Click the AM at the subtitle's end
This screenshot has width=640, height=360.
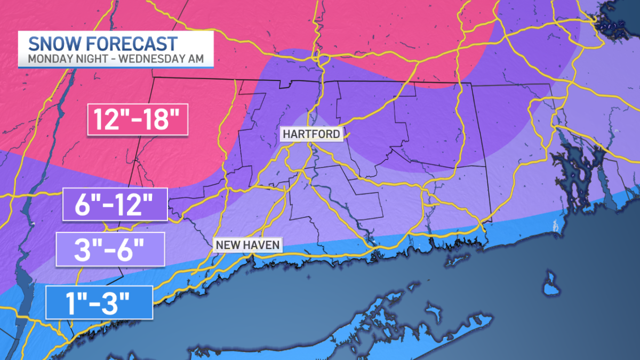click(195, 59)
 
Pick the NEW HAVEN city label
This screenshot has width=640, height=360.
click(247, 245)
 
